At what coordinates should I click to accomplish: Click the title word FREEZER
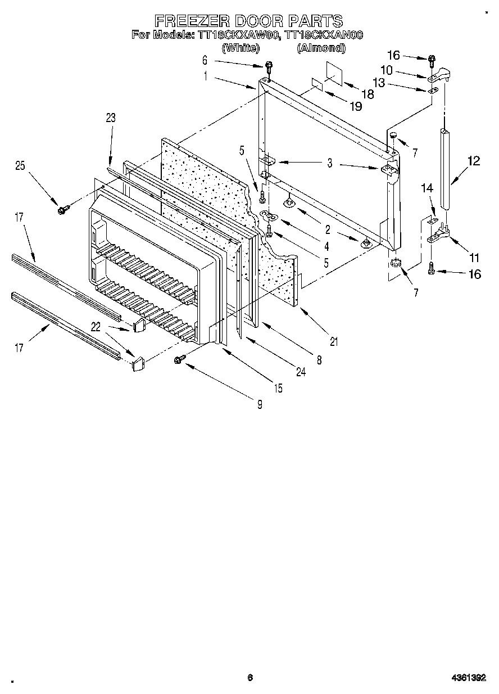click(x=188, y=21)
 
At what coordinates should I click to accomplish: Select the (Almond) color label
click(x=320, y=48)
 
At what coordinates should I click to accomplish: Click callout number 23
click(x=110, y=118)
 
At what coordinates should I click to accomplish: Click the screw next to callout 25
click(x=61, y=210)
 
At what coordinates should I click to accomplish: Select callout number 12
click(x=473, y=161)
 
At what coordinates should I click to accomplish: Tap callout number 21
click(x=334, y=341)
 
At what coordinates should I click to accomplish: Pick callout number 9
click(x=260, y=403)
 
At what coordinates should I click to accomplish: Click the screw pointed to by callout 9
click(x=180, y=358)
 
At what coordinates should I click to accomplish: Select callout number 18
click(x=368, y=94)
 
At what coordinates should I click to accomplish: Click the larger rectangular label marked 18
click(x=333, y=74)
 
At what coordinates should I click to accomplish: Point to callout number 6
click(x=205, y=60)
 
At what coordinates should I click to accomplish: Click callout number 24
click(x=301, y=372)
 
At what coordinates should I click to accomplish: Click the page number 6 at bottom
click(x=250, y=678)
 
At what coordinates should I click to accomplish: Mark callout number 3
click(x=330, y=164)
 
